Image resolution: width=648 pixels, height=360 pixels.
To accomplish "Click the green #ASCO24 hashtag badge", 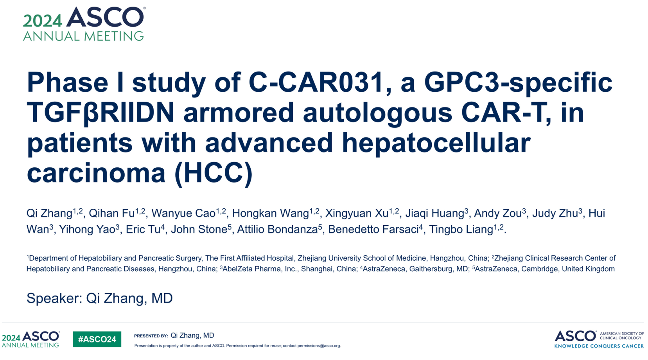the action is point(97,339).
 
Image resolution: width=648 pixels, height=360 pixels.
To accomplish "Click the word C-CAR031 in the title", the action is point(320,83).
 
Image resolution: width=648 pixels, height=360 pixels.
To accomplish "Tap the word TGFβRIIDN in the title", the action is point(101,113).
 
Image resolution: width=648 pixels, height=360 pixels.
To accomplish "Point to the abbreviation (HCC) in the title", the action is point(214,174).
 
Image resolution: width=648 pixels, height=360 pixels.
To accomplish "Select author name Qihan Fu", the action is point(112,213).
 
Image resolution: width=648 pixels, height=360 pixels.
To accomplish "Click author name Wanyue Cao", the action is point(183,213).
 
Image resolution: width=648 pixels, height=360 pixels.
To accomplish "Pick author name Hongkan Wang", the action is point(271,213).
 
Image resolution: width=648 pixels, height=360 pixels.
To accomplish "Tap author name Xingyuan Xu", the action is point(357,213).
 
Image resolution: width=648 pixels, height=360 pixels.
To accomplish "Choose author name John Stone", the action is point(199,229).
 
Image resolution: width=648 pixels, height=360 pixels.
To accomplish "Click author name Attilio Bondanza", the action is point(277,229).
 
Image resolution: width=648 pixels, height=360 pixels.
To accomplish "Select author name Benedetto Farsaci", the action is point(373,229).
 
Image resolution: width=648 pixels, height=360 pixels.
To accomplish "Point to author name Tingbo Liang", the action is point(461,229).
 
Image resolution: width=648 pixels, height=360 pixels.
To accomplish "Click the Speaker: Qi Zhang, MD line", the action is point(99,298).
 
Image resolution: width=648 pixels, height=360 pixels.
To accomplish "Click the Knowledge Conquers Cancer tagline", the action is point(599,346).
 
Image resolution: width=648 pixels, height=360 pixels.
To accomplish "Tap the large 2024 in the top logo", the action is point(43,21).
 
